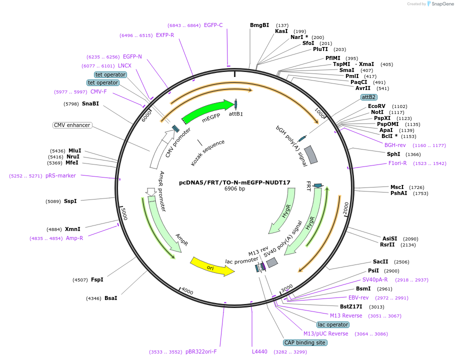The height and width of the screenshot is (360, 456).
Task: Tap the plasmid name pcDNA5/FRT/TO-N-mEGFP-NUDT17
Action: coord(234,182)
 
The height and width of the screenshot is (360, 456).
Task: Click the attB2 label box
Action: coord(369,97)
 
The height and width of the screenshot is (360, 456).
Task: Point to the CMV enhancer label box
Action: coord(72,125)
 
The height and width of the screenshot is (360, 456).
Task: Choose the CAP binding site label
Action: coord(305,342)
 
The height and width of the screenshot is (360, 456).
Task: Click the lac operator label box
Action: coord(333,324)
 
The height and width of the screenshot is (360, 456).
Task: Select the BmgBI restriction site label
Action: coord(259,25)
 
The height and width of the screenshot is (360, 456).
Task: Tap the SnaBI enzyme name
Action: coord(90,104)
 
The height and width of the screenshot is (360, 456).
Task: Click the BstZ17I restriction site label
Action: coord(351,306)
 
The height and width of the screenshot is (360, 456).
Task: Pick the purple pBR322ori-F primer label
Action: coord(201,351)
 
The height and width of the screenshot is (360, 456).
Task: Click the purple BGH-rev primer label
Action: coord(395,145)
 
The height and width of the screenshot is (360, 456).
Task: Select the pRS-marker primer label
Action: coord(60,175)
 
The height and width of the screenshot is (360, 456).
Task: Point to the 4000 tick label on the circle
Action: coord(187,291)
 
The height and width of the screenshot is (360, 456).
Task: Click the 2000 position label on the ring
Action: coord(346,209)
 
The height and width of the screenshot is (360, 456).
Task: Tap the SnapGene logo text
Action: coord(442,4)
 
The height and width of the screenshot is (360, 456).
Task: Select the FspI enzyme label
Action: coord(97,279)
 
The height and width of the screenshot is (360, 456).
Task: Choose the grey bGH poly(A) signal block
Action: coord(311,154)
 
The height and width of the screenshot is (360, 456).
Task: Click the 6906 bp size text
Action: coord(234,188)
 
